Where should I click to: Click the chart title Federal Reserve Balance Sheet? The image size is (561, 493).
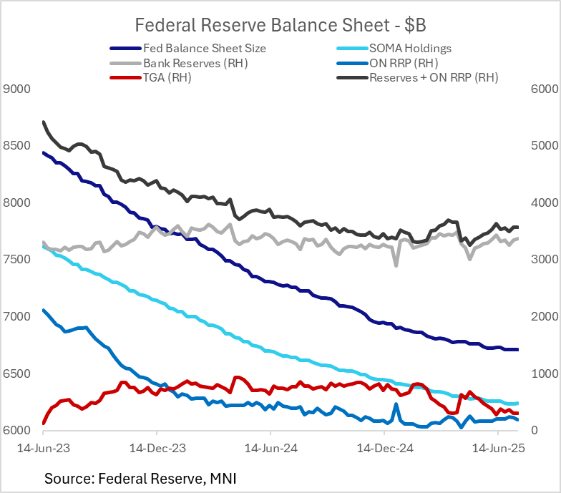[x=280, y=25]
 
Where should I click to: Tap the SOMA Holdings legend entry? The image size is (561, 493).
[x=411, y=49]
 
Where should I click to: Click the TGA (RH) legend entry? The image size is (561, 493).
[x=172, y=77]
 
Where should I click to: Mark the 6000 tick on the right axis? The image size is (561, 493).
[x=541, y=89]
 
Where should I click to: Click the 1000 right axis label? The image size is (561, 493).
[x=541, y=374]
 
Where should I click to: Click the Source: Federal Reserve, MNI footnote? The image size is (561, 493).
[x=140, y=476]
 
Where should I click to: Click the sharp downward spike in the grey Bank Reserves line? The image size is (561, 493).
[x=396, y=265]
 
